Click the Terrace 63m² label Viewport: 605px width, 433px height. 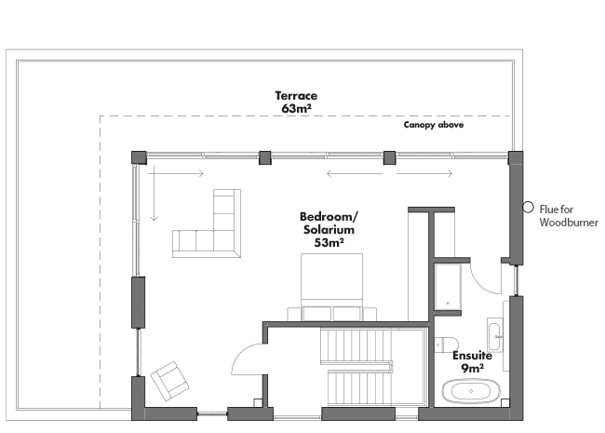pyautogui.click(x=296, y=102)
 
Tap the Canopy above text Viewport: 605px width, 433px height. pyautogui.click(x=434, y=125)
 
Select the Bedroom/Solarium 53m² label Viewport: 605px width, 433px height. pyautogui.click(x=329, y=229)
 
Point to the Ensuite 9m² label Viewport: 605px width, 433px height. pyautogui.click(x=472, y=362)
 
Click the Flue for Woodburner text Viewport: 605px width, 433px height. pyautogui.click(x=569, y=216)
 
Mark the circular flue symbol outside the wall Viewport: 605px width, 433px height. pyautogui.click(x=529, y=208)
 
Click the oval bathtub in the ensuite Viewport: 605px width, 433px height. pyautogui.click(x=471, y=391)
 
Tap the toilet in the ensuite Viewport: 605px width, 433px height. pyautogui.click(x=446, y=345)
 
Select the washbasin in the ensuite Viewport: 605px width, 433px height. pyautogui.click(x=494, y=335)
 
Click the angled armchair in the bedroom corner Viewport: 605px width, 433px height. pyautogui.click(x=169, y=381)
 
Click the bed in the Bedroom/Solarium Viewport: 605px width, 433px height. pyautogui.click(x=332, y=287)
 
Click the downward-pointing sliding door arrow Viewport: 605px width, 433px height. pyautogui.click(x=154, y=193)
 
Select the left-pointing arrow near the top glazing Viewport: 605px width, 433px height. pyautogui.click(x=355, y=173)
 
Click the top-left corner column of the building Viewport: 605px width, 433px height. pyautogui.click(x=139, y=158)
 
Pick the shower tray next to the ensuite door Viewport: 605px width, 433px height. pyautogui.click(x=448, y=287)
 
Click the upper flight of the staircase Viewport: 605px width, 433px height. pyautogui.click(x=356, y=345)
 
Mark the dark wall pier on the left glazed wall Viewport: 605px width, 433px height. pyautogui.click(x=138, y=303)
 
